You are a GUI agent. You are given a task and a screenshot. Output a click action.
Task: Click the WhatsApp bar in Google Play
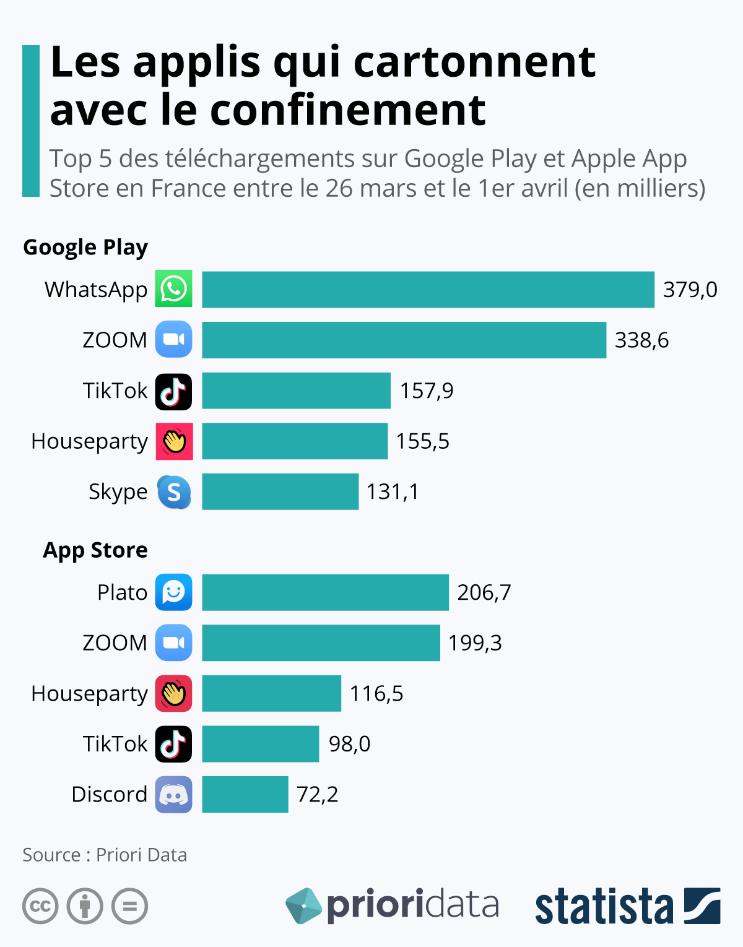428,289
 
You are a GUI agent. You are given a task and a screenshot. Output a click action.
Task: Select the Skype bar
280,491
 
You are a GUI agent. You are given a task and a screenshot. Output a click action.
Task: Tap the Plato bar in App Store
325,592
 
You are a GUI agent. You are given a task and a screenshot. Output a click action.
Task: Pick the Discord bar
245,794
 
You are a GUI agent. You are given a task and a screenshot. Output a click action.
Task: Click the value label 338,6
641,340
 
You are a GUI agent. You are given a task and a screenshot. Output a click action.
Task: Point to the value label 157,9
426,391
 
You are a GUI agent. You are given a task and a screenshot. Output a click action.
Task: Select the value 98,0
349,743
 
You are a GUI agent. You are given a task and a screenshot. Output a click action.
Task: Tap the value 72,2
317,794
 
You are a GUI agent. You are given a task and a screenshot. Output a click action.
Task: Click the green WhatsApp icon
173,288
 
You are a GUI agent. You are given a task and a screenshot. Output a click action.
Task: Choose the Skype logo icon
173,492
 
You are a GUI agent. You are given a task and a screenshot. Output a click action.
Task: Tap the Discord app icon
173,795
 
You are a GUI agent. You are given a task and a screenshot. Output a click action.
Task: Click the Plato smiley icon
173,592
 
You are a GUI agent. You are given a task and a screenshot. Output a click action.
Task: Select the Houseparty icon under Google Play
174,441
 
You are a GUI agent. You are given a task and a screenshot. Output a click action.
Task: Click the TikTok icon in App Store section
173,744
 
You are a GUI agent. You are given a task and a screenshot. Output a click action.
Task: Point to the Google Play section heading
85,247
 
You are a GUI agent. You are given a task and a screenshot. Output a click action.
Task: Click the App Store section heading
95,550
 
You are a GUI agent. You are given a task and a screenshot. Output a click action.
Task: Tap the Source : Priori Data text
105,855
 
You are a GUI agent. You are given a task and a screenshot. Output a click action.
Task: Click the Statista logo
627,906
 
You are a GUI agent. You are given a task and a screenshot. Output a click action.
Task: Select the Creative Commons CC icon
40,906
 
